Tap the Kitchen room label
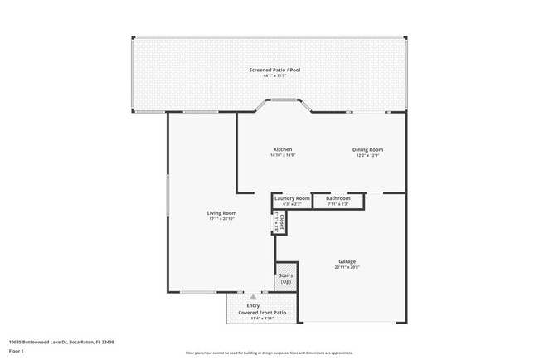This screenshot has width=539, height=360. tap(283, 149)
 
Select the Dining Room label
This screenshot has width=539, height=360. tap(368, 149)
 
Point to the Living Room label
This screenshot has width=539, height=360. tap(221, 213)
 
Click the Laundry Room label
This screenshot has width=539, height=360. tap(291, 198)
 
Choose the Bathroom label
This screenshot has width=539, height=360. tap(337, 198)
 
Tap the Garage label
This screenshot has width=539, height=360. tap(347, 261)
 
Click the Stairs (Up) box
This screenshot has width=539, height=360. tap(285, 279)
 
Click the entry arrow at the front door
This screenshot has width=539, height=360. tap(253, 296)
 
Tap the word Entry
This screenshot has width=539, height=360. tap(253, 305)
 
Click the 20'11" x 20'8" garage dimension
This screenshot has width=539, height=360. tap(347, 268)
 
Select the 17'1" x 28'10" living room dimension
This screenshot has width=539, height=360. tap(221, 219)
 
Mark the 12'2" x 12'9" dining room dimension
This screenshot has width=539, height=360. tap(368, 155)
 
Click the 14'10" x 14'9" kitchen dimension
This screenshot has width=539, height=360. tap(283, 155)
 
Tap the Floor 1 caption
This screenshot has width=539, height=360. tap(17, 349)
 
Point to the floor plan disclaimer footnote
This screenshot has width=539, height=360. tap(269, 353)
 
